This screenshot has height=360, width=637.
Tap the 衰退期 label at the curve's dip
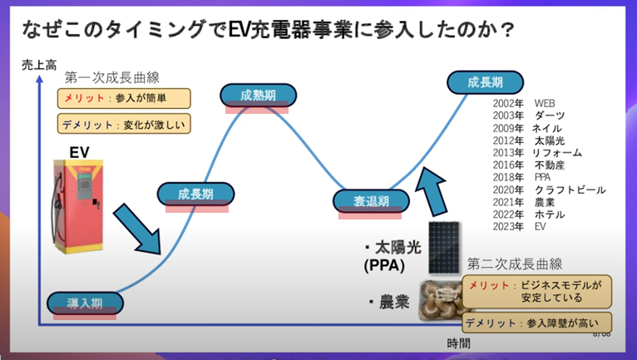[372, 201]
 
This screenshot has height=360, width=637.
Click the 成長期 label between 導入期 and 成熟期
[195, 194]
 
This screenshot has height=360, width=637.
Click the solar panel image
[449, 248]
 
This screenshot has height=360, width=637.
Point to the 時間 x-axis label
[458, 343]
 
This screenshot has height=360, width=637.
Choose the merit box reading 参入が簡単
[125, 98]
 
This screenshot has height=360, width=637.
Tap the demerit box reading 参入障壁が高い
[536, 323]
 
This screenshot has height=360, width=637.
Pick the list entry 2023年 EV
[518, 226]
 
